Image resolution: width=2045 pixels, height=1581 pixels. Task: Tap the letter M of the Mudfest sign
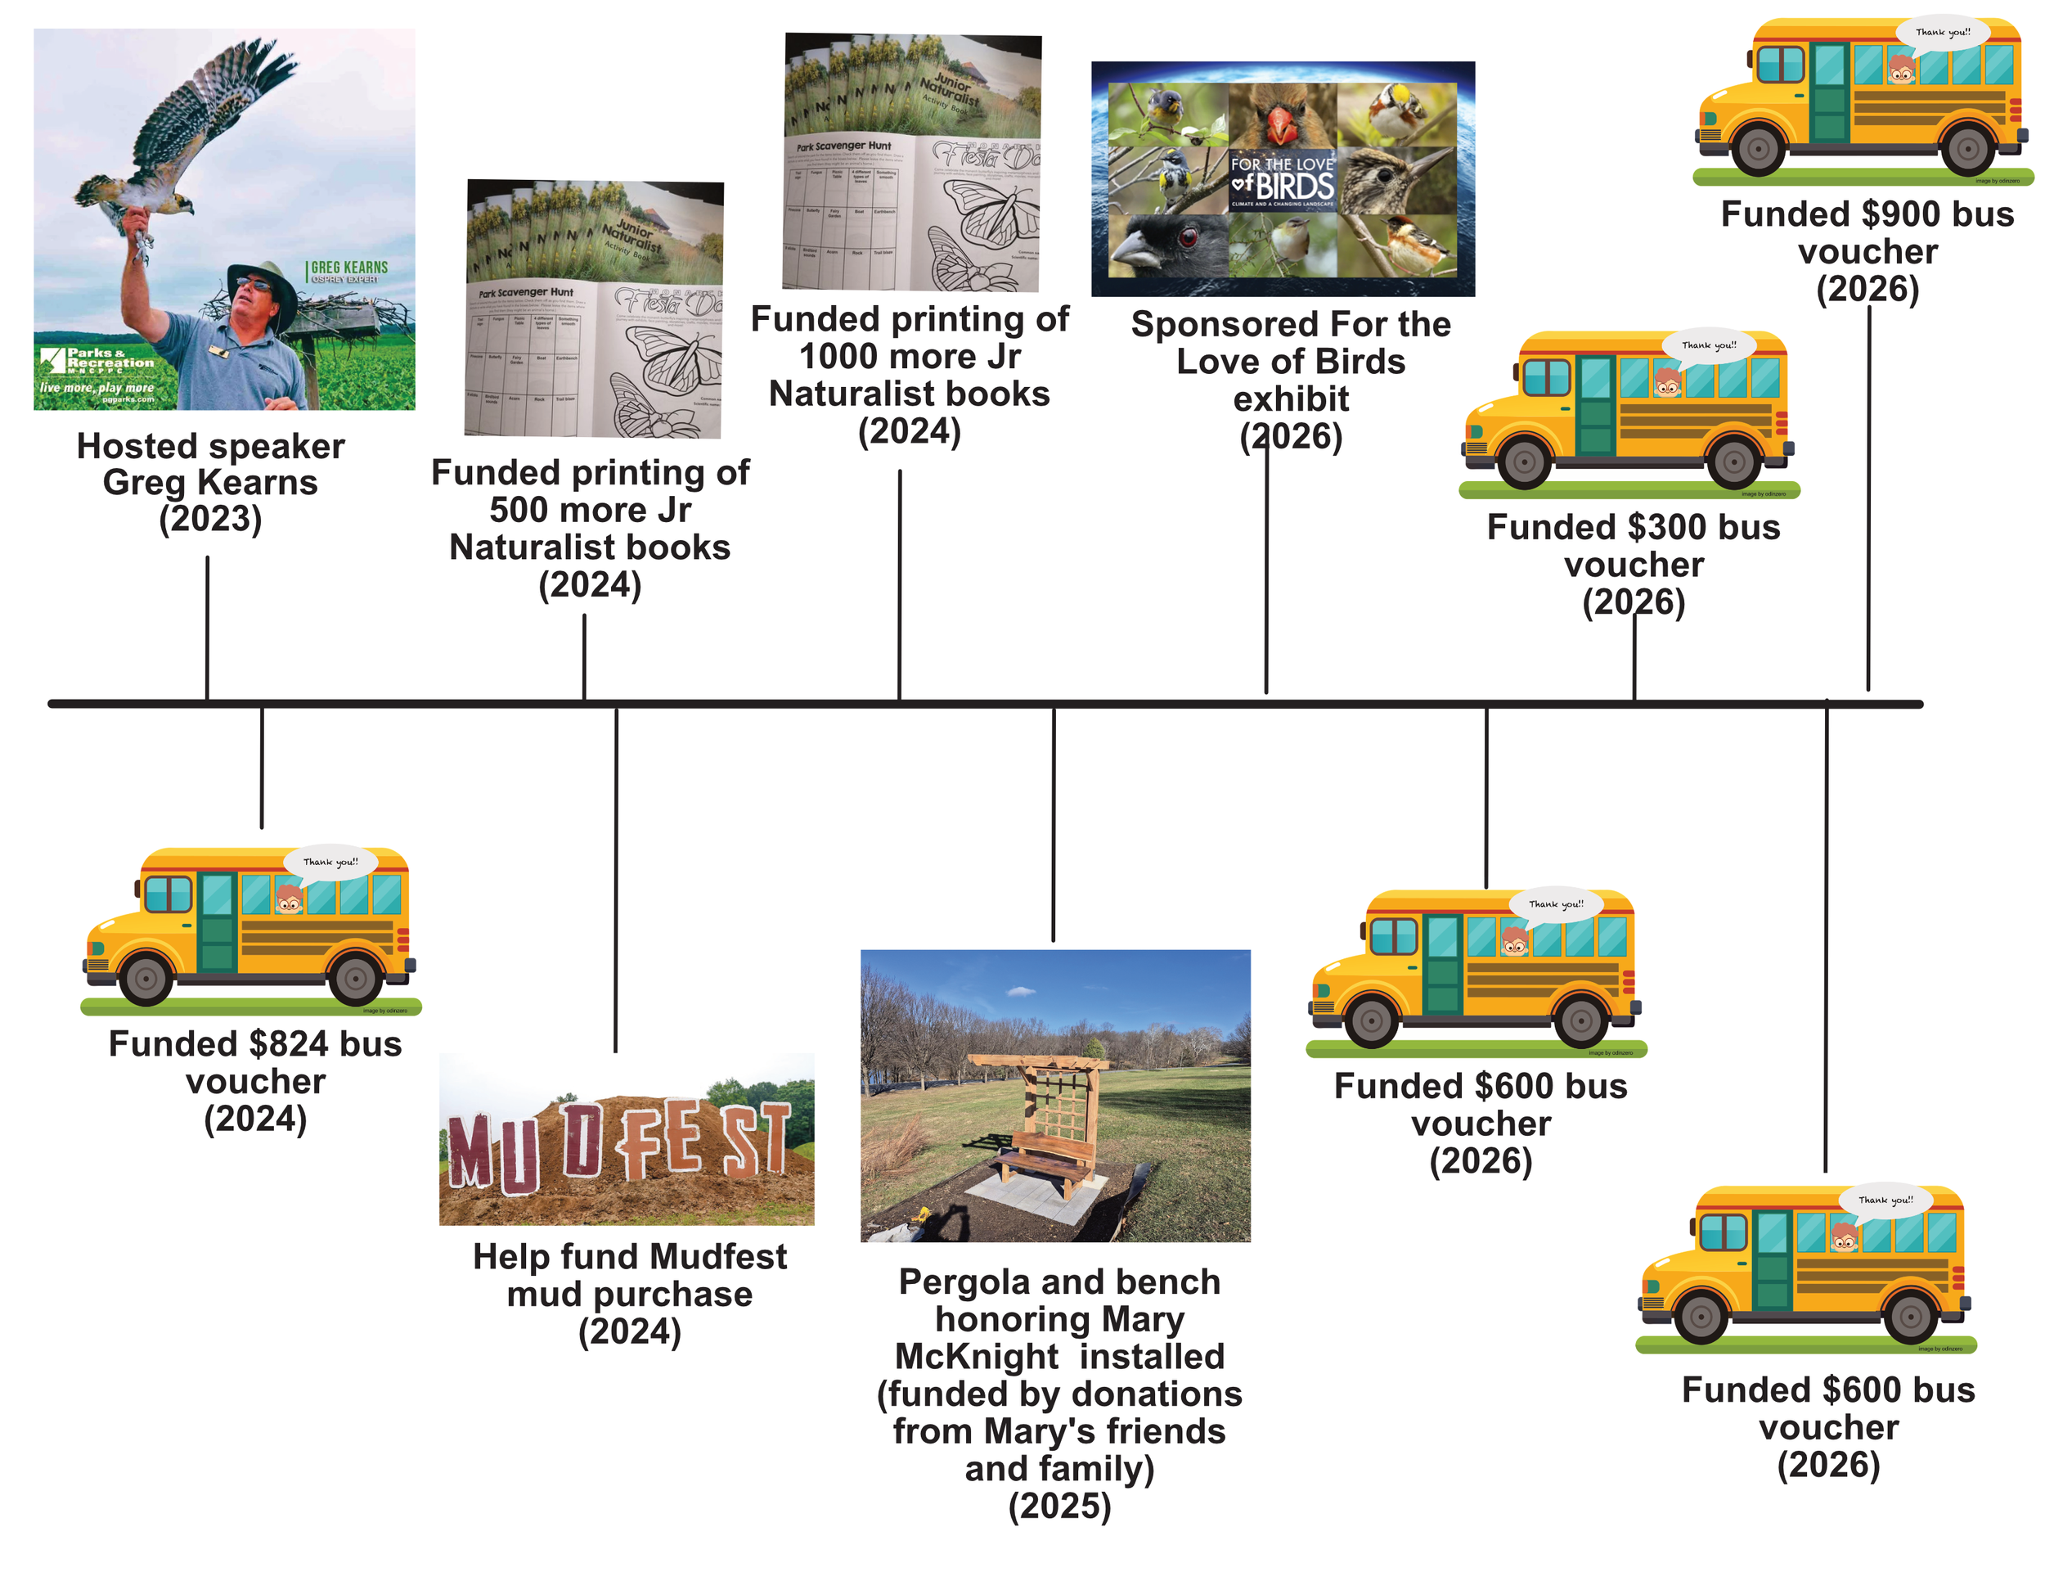pyautogui.click(x=471, y=1151)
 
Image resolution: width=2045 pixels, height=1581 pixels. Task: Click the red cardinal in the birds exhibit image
pyautogui.click(x=1280, y=118)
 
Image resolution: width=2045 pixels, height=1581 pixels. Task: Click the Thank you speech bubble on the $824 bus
pyautogui.click(x=330, y=862)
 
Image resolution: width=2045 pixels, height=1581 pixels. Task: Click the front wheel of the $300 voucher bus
pyautogui.click(x=1525, y=462)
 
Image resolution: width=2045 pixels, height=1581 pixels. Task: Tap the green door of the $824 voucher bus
pyautogui.click(x=218, y=922)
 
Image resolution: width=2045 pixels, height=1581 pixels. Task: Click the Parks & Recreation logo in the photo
pyautogui.click(x=98, y=360)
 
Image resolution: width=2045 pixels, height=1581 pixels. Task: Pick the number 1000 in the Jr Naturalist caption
pyautogui.click(x=835, y=357)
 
